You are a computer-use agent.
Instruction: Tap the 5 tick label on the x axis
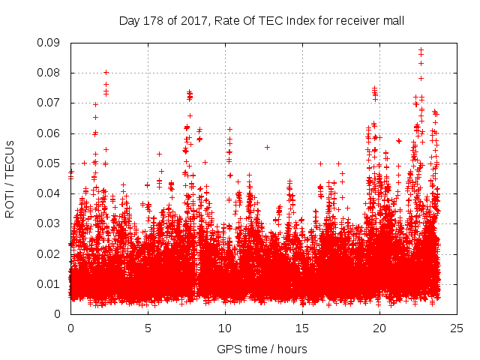(148, 328)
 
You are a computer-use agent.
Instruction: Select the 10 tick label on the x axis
(225, 328)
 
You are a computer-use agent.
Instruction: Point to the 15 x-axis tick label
(302, 328)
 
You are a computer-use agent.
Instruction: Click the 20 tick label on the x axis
(379, 328)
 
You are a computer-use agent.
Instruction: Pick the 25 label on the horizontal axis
(457, 328)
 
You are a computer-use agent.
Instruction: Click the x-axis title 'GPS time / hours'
(262, 349)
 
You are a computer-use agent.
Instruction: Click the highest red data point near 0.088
(421, 50)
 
